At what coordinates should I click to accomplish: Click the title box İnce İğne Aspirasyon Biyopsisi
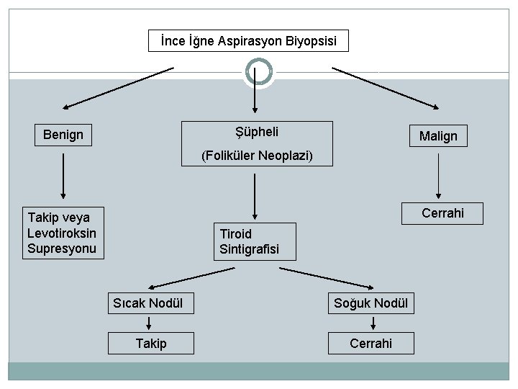248,41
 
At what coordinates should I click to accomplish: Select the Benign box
63,135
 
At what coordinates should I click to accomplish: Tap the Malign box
438,136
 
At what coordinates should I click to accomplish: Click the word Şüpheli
257,131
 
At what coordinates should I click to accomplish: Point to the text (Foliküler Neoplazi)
257,156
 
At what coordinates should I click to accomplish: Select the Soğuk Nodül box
371,303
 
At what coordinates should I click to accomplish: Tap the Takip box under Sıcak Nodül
151,344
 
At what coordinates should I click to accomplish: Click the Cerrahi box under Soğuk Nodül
371,344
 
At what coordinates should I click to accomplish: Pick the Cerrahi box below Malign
442,213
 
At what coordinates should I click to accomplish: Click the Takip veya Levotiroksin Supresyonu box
63,233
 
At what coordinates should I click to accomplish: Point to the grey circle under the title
259,72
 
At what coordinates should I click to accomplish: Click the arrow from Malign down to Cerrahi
439,177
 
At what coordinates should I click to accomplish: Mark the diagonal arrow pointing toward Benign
118,88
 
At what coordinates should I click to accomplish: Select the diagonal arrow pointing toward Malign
385,88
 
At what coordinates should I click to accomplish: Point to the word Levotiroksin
61,233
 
